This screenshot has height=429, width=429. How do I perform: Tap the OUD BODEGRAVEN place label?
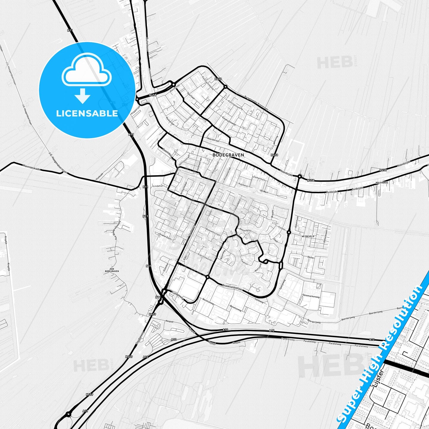112,270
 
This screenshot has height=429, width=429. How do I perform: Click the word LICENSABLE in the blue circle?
87,113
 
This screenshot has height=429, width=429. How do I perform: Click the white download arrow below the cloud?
83,96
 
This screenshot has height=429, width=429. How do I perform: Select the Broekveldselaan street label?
232,288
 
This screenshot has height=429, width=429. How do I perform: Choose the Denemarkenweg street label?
311,296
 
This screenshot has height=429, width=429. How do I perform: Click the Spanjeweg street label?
282,284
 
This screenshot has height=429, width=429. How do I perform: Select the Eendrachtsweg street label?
229,120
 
